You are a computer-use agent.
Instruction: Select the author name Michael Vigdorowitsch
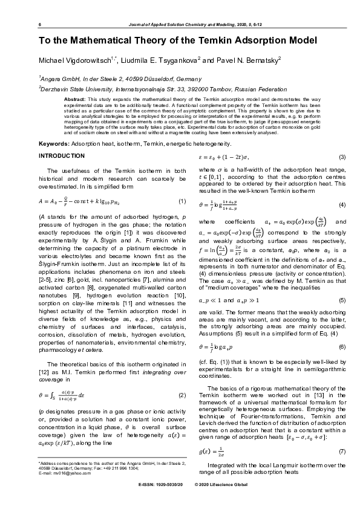[73, 62]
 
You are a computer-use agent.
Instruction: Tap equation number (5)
[341, 299]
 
